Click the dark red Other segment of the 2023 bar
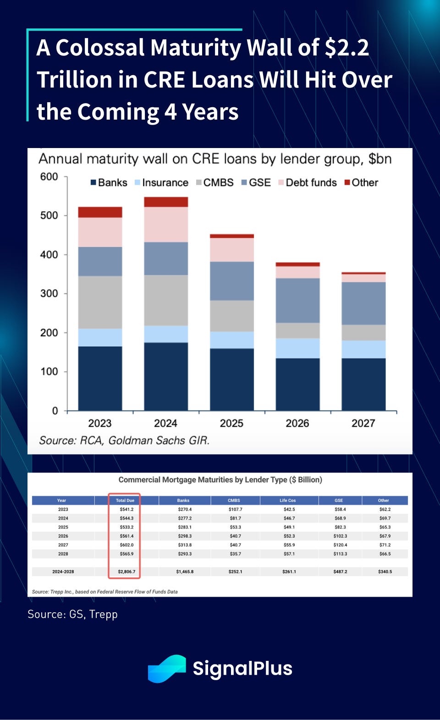click(x=100, y=212)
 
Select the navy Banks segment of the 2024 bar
click(x=166, y=376)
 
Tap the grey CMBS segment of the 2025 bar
click(x=232, y=316)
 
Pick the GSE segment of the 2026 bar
click(x=298, y=300)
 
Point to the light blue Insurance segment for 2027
click(x=363, y=349)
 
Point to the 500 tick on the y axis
click(x=49, y=215)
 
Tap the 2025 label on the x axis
click(x=231, y=423)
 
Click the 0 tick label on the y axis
click(x=55, y=411)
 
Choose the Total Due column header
click(x=125, y=500)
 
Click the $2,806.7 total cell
click(x=126, y=572)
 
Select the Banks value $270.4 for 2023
click(x=185, y=509)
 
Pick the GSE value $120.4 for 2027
click(x=340, y=545)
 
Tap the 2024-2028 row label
click(x=63, y=572)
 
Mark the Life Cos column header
click(x=288, y=500)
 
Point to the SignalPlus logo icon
click(x=167, y=668)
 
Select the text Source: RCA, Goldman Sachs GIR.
click(x=124, y=440)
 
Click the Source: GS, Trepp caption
click(x=72, y=614)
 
